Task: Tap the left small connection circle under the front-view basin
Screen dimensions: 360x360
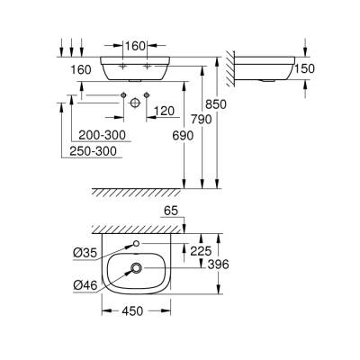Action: [x=120, y=94]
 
